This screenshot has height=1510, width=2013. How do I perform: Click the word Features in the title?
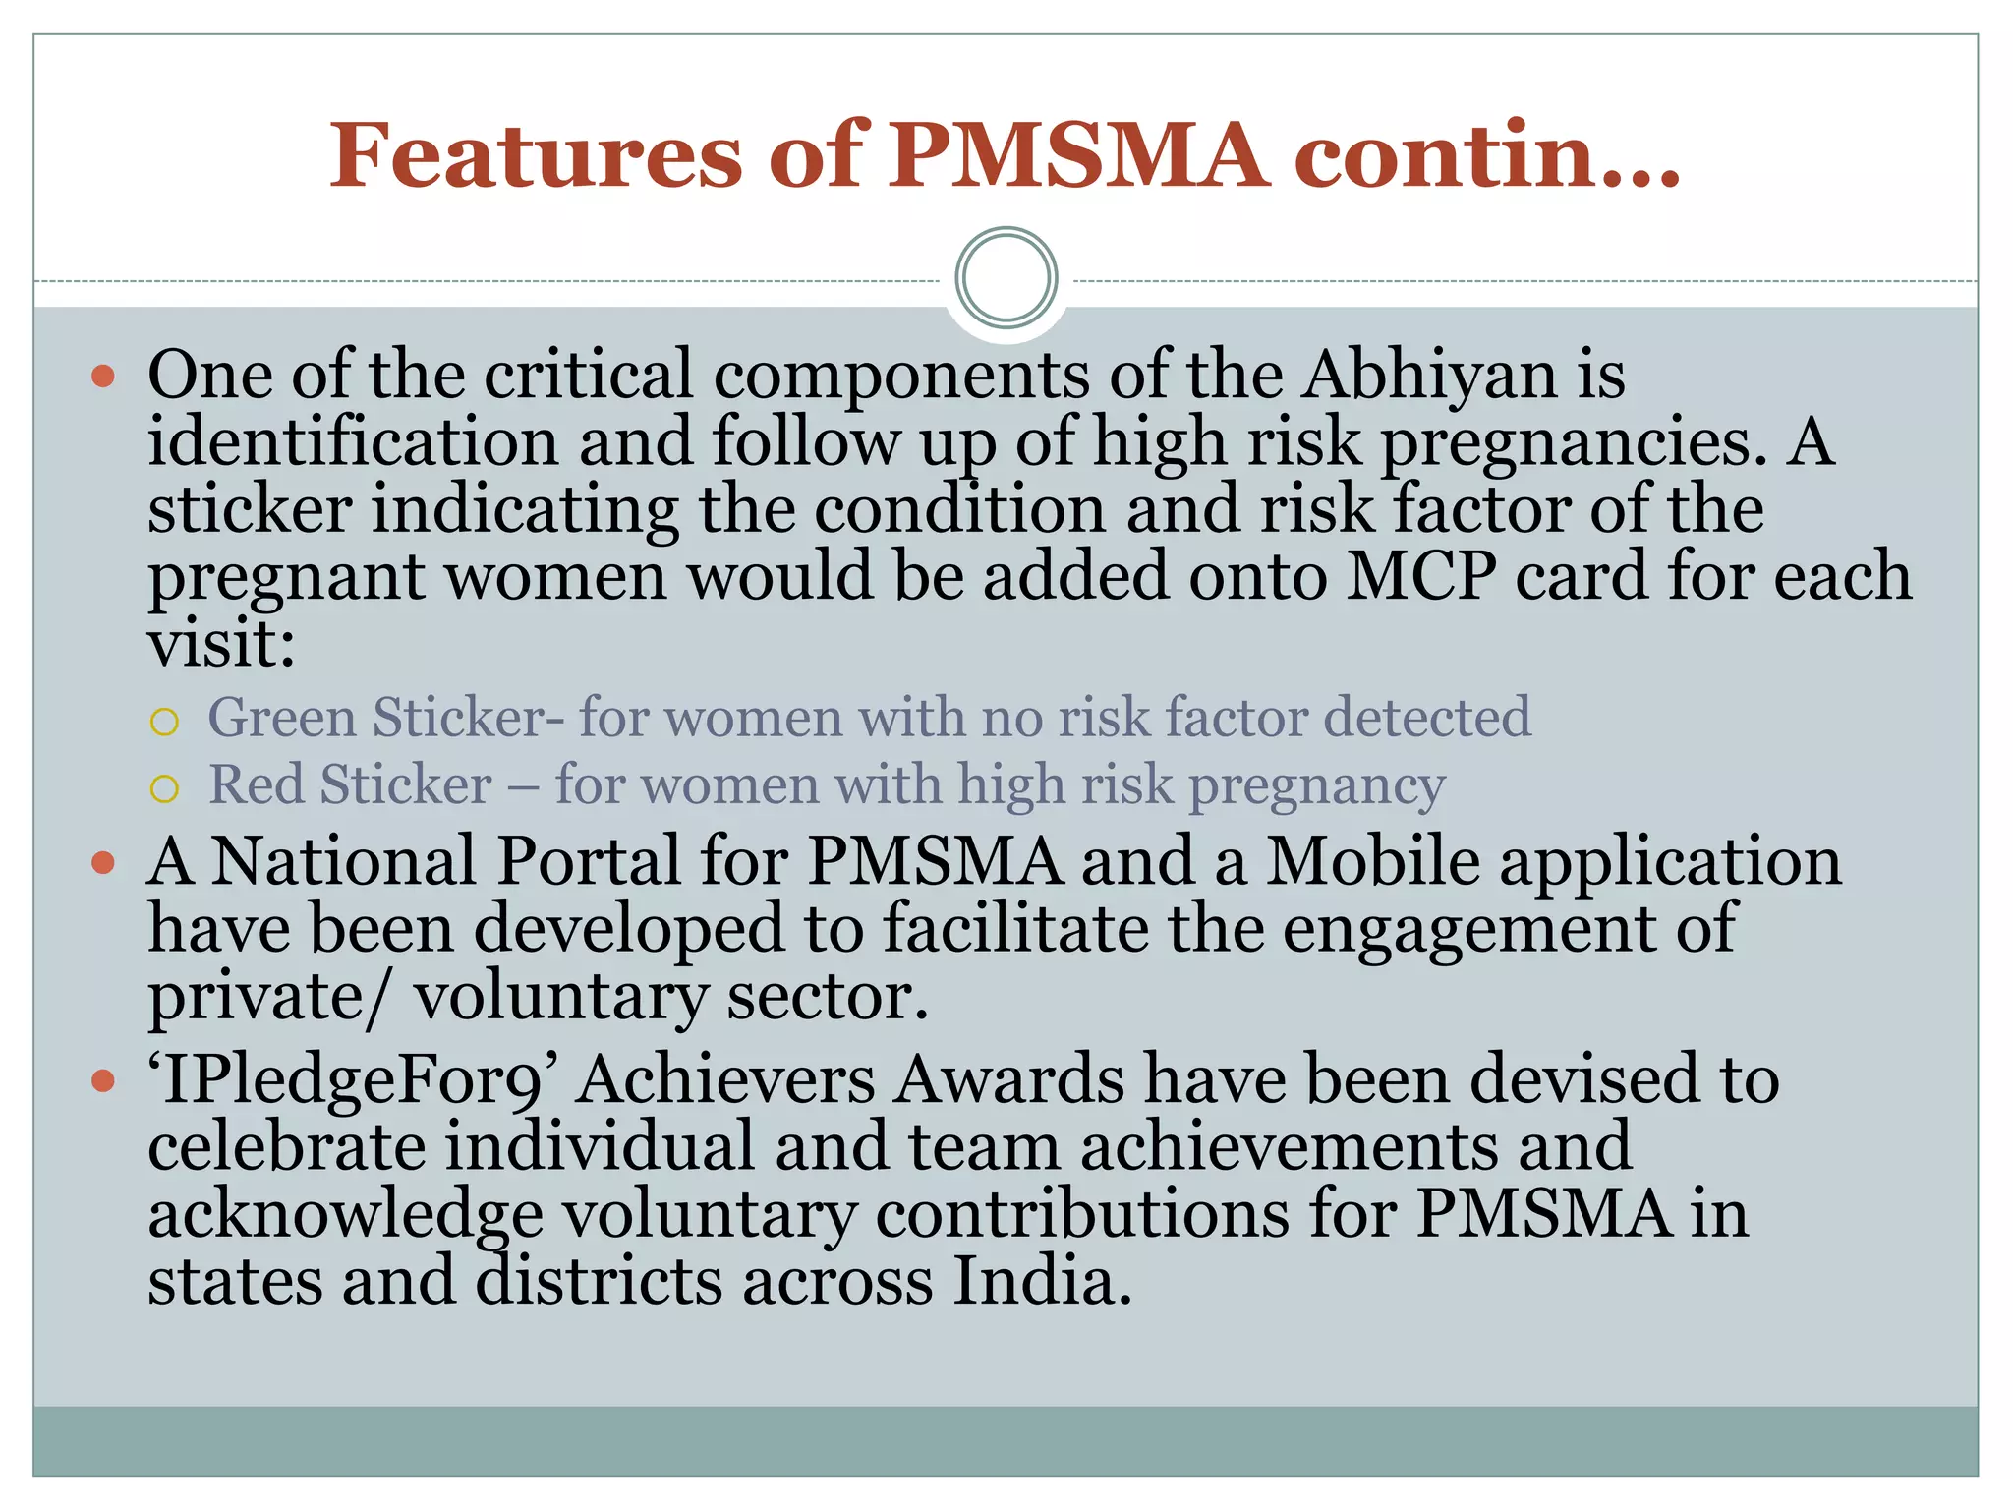tap(536, 154)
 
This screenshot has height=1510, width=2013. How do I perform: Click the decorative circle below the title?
tap(1006, 278)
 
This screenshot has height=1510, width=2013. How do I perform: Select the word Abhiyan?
tap(1430, 376)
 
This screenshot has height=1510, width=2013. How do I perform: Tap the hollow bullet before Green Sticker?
tap(164, 723)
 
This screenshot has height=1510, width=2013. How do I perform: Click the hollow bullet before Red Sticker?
tap(164, 789)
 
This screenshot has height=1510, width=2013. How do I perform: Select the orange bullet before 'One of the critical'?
tap(103, 377)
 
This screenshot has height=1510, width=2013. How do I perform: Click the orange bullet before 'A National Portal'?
tap(103, 863)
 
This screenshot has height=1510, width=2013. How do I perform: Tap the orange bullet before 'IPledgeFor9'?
tap(103, 1082)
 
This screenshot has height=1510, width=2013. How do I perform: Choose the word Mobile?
tap(1372, 862)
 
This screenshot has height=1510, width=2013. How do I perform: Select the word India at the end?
tap(1041, 1282)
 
